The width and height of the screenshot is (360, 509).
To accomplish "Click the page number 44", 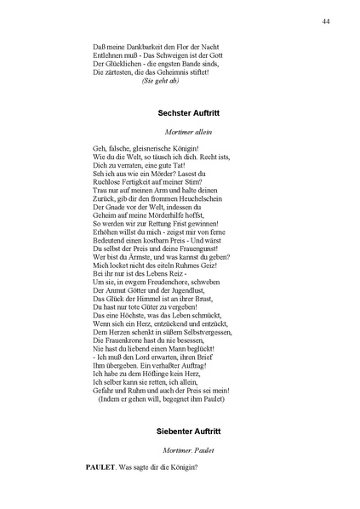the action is click(x=327, y=20).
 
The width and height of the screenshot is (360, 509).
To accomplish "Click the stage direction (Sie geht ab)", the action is click(x=161, y=82).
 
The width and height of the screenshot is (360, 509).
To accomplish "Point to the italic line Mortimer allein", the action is click(x=185, y=133).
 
